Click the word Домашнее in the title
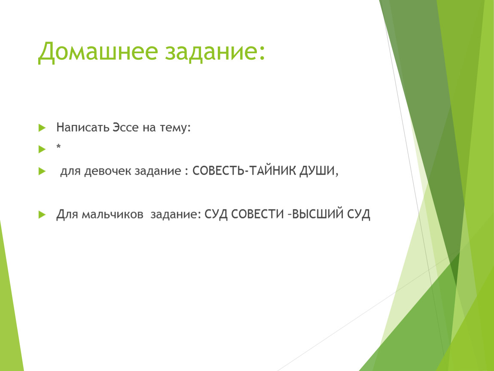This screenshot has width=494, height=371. [98, 52]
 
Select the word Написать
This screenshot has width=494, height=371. [82, 127]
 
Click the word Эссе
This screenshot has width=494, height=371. [125, 127]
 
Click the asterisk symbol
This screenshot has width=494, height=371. [58, 146]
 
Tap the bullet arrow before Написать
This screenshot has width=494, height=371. [42, 128]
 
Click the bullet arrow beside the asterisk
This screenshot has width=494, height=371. [42, 149]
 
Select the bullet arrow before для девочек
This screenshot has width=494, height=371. [42, 171]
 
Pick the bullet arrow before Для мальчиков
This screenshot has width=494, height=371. [42, 214]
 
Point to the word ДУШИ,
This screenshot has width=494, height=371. [319, 171]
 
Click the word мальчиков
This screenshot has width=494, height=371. [113, 214]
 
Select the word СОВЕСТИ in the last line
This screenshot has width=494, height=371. [257, 214]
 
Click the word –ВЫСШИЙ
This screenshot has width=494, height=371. [316, 214]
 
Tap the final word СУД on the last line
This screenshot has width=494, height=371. [359, 214]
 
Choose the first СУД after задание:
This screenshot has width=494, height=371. [216, 214]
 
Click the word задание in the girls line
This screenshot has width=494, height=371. [158, 171]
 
